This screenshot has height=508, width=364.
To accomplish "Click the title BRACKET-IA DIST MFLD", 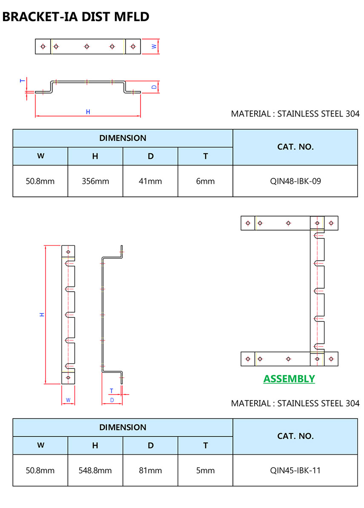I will pyautogui.click(x=76, y=17).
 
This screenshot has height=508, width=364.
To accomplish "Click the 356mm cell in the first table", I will pyautogui.click(x=95, y=181).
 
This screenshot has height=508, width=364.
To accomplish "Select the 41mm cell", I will pyautogui.click(x=150, y=181).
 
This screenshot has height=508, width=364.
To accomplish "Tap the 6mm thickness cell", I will pyautogui.click(x=205, y=181).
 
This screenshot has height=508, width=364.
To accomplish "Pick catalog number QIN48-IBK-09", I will pyautogui.click(x=295, y=181).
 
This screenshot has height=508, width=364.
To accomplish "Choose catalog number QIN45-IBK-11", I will pyautogui.click(x=295, y=471).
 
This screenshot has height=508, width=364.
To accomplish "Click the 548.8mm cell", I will pyautogui.click(x=95, y=471).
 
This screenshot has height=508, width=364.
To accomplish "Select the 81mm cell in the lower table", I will pyautogui.click(x=150, y=471).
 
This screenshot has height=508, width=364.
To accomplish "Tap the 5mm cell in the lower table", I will pyautogui.click(x=205, y=471).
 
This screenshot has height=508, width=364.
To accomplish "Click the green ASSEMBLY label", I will pyautogui.click(x=289, y=379).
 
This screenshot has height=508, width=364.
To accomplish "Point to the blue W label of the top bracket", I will pyautogui.click(x=154, y=46).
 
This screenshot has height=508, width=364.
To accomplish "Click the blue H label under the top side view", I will pyautogui.click(x=88, y=112).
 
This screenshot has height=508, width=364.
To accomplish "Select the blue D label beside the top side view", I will pyautogui.click(x=154, y=86).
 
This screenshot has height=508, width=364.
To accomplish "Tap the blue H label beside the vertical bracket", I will pyautogui.click(x=42, y=314).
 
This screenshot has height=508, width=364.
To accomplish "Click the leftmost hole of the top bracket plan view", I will pyautogui.click(x=43, y=46).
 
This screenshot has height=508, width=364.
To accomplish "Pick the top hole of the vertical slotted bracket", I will pyautogui.click(x=68, y=252).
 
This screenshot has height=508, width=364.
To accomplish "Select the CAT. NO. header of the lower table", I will pyautogui.click(x=295, y=436).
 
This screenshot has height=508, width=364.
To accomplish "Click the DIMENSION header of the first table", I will pyautogui.click(x=123, y=138).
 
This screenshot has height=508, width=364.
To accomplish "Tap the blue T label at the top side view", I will pyautogui.click(x=22, y=80).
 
